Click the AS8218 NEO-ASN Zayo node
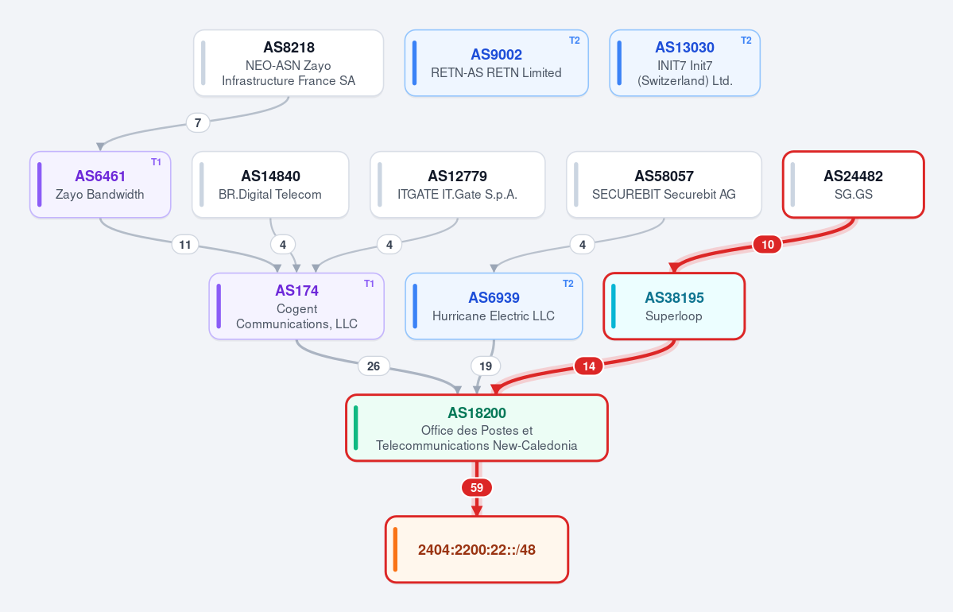click(289, 64)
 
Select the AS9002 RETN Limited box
click(497, 64)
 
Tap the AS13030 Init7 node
click(685, 64)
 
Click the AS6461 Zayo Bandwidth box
click(100, 184)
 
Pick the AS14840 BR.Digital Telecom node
click(270, 184)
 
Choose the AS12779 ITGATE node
click(458, 184)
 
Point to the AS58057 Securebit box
click(664, 184)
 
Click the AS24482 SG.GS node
click(854, 184)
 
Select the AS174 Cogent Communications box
click(296, 306)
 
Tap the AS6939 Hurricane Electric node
click(494, 306)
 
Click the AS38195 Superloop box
click(674, 306)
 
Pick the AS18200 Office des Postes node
click(477, 428)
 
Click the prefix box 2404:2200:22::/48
click(477, 549)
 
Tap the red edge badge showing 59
click(477, 487)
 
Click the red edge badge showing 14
click(589, 366)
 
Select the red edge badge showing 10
click(768, 244)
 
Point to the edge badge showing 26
click(374, 366)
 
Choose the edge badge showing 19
click(486, 366)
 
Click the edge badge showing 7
click(198, 122)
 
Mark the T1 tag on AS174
click(369, 284)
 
